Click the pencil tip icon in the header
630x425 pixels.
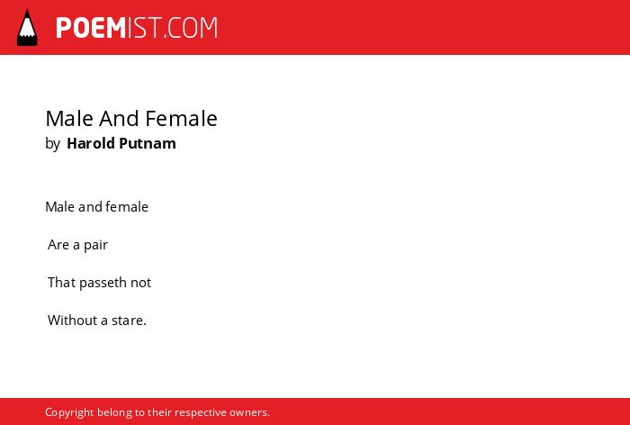27,28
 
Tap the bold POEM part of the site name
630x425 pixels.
91,28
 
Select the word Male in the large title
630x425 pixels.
69,119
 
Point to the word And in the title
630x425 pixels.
120,119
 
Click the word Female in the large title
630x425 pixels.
181,119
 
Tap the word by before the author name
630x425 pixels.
52,144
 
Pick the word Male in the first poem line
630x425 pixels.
60,207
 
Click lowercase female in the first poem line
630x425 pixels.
127,207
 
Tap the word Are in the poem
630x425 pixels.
58,245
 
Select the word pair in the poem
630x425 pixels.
95,246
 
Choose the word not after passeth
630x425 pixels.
140,283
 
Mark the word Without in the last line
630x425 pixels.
72,321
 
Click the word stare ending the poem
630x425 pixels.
127,321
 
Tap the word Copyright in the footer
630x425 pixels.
69,413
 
